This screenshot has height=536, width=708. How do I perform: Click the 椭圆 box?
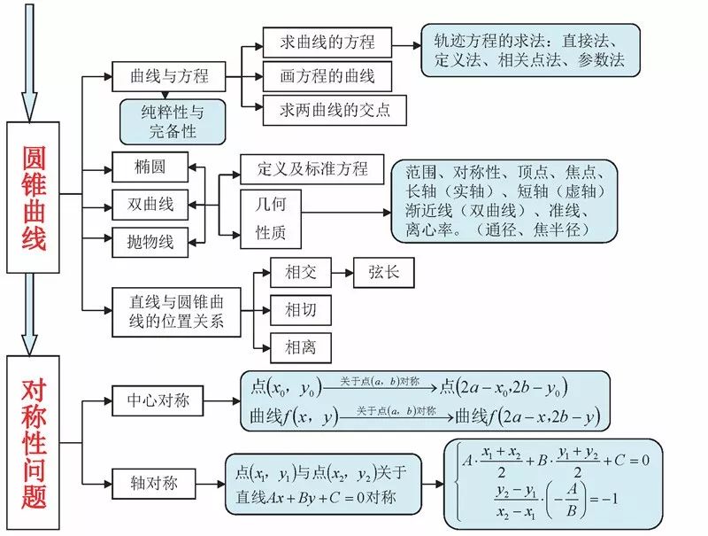(150, 167)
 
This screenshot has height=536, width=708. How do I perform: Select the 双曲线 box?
(150, 205)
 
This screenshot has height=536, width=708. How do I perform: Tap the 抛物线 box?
(150, 242)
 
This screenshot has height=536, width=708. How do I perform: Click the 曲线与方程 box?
(168, 76)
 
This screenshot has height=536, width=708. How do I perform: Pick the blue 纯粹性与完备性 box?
(173, 122)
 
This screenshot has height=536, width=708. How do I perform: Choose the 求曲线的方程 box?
(327, 43)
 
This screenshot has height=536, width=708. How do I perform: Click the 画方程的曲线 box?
(327, 76)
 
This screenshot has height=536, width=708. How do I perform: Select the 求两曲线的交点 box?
(335, 110)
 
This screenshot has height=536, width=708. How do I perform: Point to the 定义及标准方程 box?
(312, 169)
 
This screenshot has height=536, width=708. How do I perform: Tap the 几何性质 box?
(271, 219)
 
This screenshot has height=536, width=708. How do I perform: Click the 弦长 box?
(384, 273)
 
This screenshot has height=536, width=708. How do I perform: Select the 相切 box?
(301, 310)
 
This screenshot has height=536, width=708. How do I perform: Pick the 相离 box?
(301, 348)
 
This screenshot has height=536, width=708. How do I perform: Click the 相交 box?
(301, 273)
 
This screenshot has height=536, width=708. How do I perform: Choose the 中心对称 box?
(158, 400)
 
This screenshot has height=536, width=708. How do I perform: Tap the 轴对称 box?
(153, 484)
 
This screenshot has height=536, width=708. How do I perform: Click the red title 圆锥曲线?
(34, 198)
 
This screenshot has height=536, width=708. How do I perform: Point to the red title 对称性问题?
(34, 444)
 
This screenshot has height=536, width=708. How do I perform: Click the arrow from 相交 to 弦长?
(342, 273)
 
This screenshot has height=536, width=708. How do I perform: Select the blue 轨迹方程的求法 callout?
(530, 50)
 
